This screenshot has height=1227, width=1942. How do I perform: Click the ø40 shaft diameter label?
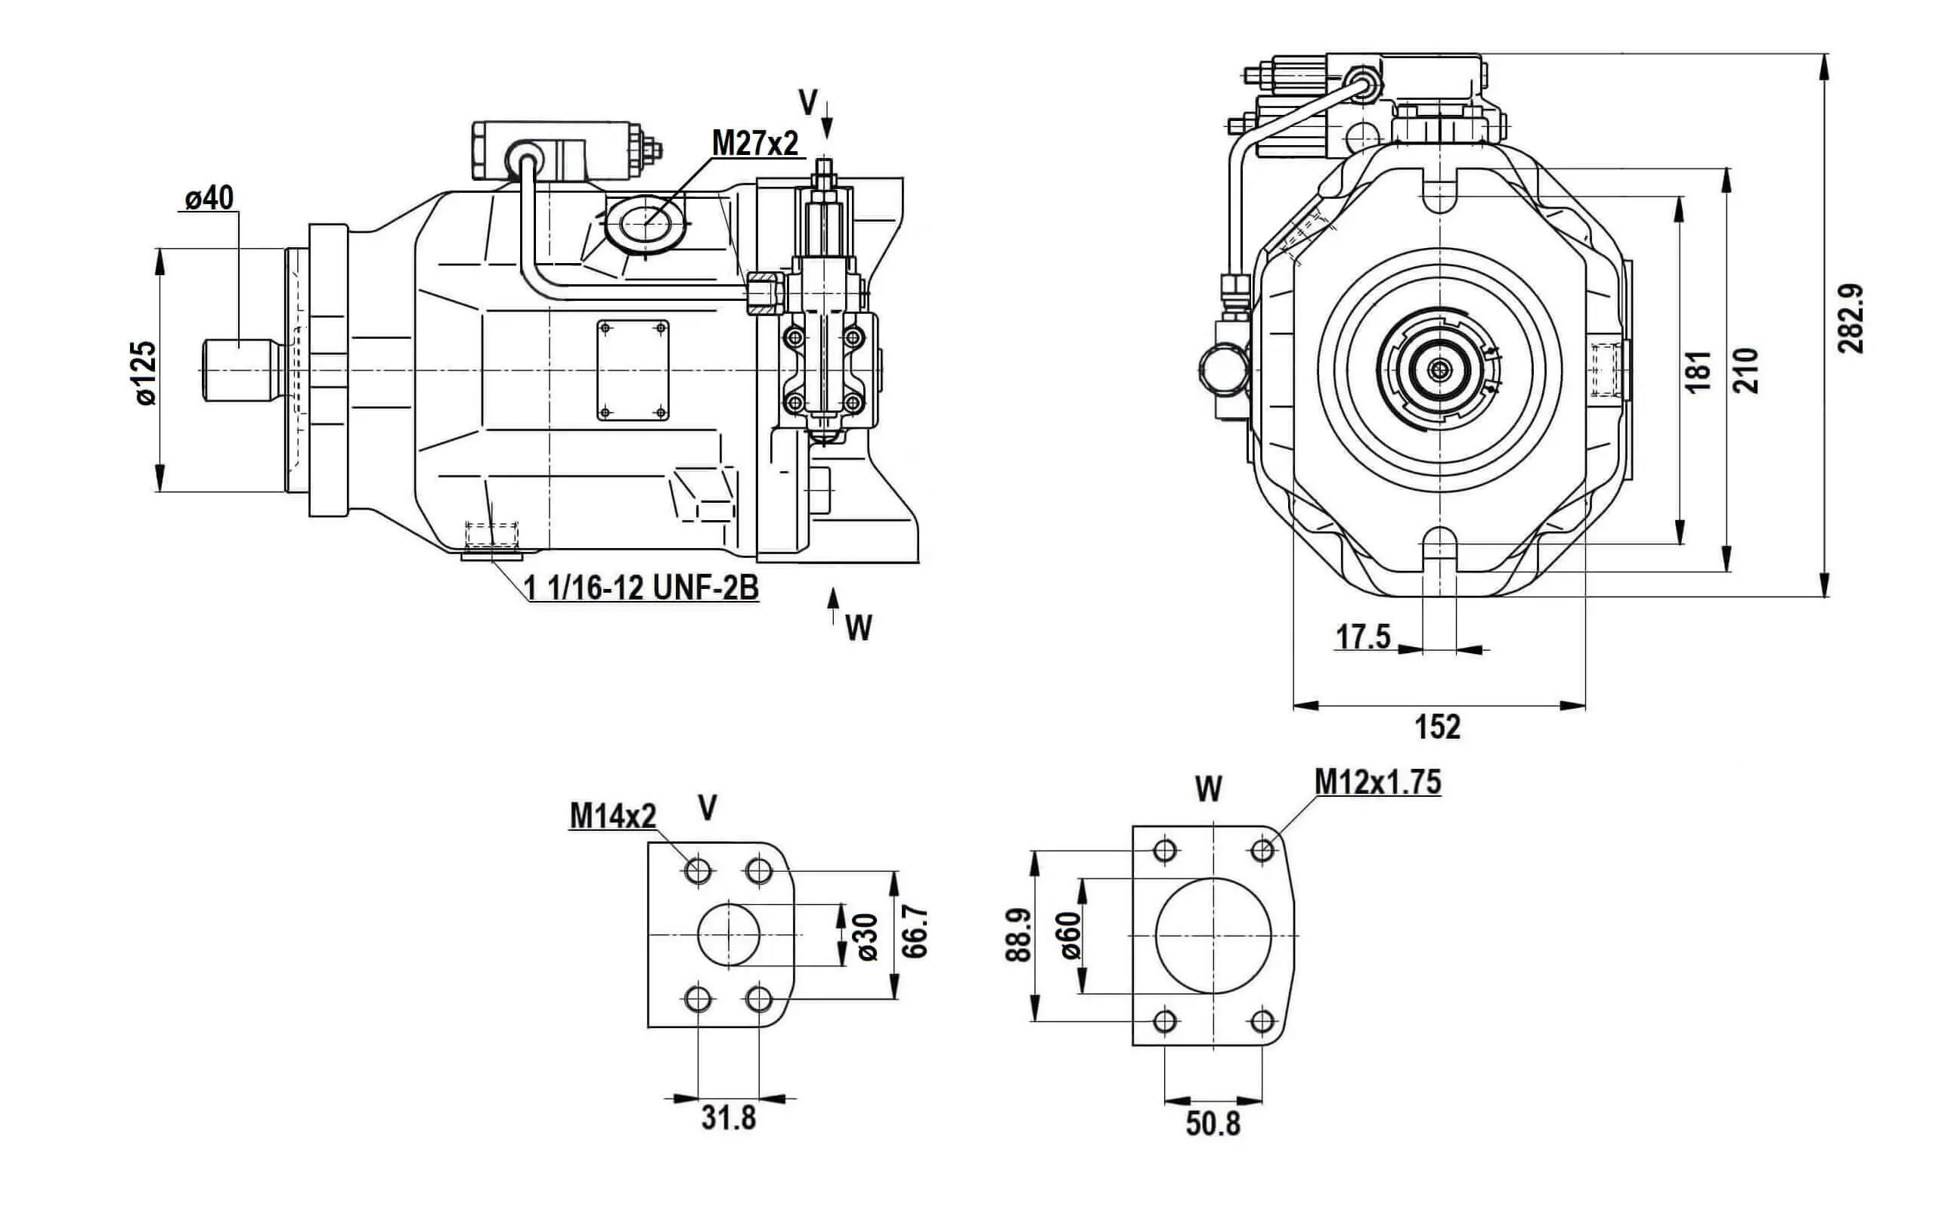coord(209,197)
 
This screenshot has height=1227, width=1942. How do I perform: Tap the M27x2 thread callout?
coord(755,144)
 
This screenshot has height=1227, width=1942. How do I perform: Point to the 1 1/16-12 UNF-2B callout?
coord(642,588)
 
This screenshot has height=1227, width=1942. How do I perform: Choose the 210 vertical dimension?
coord(1746,370)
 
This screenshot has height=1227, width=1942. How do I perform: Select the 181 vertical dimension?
coord(1699,371)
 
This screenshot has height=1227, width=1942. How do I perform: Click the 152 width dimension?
coord(1438,727)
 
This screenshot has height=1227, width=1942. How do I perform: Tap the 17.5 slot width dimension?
coord(1363,637)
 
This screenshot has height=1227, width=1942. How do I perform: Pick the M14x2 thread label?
coord(613,816)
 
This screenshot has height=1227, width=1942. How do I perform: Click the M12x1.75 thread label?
coord(1377,782)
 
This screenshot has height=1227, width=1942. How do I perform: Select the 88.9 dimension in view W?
coord(1018,935)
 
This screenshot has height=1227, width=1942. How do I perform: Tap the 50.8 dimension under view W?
coord(1213,1123)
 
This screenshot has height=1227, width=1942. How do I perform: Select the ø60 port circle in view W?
coord(1213,936)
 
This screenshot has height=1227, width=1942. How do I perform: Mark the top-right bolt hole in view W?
coord(1263,850)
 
